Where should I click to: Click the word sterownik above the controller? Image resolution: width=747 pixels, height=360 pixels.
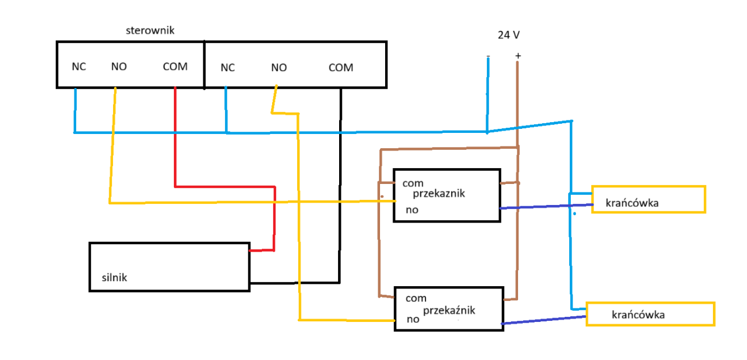(x=150, y=30)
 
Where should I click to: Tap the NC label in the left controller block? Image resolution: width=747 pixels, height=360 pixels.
(x=79, y=66)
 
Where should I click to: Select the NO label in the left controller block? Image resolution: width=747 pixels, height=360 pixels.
(x=119, y=66)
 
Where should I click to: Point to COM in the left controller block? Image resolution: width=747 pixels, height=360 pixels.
(x=175, y=66)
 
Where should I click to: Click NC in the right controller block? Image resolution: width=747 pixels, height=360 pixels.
(x=228, y=68)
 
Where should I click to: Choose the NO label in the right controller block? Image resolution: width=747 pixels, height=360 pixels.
(x=279, y=68)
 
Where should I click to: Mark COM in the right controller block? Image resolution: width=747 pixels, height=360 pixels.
(x=341, y=68)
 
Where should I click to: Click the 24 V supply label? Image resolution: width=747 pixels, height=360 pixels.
(x=508, y=35)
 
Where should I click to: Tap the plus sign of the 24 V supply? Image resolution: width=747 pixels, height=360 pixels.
(x=518, y=56)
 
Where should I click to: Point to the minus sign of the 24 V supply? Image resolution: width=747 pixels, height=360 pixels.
(x=488, y=56)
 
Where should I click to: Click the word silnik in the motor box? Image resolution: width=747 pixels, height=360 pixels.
(x=114, y=277)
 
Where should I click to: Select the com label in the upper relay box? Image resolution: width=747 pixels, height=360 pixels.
(x=413, y=183)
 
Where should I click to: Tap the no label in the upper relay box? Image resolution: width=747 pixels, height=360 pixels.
(x=412, y=210)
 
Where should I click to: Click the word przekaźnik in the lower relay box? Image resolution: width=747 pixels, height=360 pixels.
(x=449, y=311)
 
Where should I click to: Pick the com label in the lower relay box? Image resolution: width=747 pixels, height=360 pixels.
(x=416, y=298)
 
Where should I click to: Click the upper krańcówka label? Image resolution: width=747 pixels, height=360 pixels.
(x=632, y=203)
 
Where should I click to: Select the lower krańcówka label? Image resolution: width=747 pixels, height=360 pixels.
(x=638, y=315)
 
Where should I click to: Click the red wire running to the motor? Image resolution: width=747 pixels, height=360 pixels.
(x=233, y=187)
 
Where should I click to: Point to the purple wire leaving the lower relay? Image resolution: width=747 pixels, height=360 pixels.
(x=544, y=320)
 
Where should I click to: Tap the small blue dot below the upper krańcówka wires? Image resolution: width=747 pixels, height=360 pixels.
(x=574, y=214)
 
